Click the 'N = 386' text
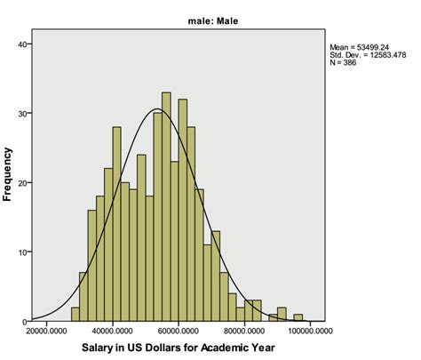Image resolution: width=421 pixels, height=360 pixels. tap(344, 63)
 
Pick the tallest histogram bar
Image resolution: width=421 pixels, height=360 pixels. tap(166, 206)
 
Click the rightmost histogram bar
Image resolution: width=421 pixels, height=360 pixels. tap(298, 317)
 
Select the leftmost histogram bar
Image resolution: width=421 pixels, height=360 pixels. tap(75, 314)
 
